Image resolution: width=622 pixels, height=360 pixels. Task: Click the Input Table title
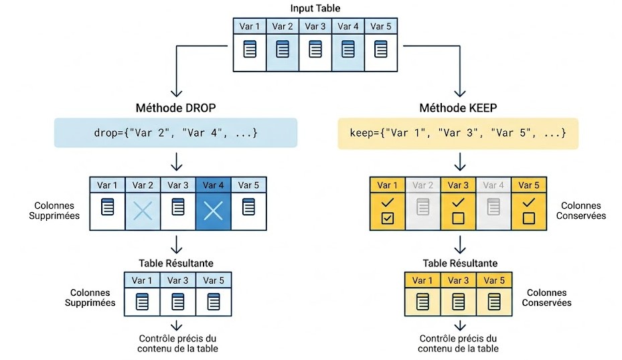(x=315, y=8)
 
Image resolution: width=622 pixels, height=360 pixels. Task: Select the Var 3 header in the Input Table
(x=315, y=26)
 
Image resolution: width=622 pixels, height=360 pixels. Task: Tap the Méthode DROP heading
(x=175, y=108)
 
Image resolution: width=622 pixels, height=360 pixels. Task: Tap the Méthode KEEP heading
(x=458, y=108)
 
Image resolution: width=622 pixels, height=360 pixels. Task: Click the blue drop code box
(x=175, y=132)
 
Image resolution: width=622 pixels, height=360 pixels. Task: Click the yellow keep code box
(x=458, y=133)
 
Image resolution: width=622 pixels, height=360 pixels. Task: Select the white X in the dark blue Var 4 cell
(x=213, y=211)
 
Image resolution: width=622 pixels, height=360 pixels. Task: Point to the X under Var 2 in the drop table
(x=143, y=211)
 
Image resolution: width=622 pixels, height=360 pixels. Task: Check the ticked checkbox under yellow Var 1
(x=387, y=218)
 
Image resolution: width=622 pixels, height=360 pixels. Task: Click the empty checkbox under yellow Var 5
(x=529, y=218)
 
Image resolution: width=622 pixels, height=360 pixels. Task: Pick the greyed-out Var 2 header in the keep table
(x=422, y=185)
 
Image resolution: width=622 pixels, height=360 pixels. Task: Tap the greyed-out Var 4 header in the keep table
(x=493, y=185)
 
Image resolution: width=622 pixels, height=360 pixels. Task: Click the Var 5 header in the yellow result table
(x=494, y=280)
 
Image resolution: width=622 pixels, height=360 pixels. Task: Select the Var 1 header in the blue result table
(x=142, y=280)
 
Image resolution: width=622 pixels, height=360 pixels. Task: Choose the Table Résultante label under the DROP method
(x=176, y=263)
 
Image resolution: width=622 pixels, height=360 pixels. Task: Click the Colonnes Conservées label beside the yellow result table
(x=546, y=298)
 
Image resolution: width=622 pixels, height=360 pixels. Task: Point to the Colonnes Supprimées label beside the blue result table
(x=90, y=298)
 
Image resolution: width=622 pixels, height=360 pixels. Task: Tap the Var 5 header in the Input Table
(x=381, y=26)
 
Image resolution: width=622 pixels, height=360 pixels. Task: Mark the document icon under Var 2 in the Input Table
(x=283, y=49)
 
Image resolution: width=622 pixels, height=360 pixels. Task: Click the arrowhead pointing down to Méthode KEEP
(x=460, y=94)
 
